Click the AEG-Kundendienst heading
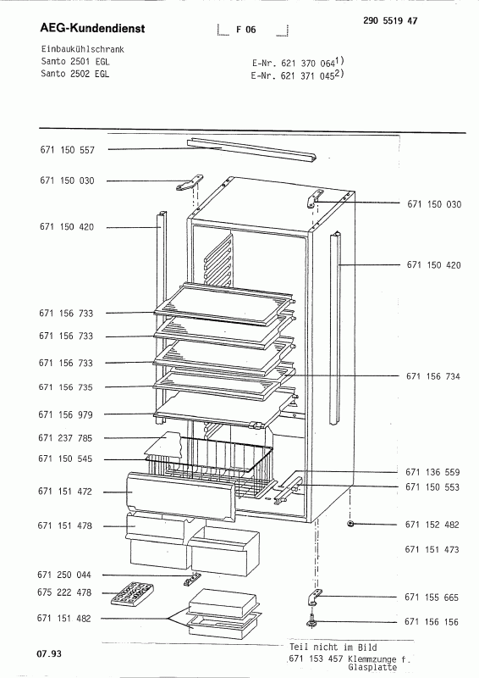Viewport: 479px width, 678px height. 92,29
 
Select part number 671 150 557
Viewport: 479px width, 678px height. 68,150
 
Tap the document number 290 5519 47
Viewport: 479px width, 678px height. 390,20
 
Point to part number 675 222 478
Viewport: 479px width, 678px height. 64,592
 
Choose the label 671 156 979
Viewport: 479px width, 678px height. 66,414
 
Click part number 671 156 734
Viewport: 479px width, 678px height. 433,376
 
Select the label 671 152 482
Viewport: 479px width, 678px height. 432,525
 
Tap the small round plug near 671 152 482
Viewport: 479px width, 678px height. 350,524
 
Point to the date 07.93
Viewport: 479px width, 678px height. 49,653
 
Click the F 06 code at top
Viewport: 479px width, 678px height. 245,30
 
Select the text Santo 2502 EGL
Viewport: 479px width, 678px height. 75,74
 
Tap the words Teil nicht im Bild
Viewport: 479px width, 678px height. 333,647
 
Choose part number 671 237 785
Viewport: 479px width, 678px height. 65,438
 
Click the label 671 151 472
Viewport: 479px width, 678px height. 65,492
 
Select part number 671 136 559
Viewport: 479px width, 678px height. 432,472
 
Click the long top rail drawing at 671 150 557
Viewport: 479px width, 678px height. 251,151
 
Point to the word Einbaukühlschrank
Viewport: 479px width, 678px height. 82,49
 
